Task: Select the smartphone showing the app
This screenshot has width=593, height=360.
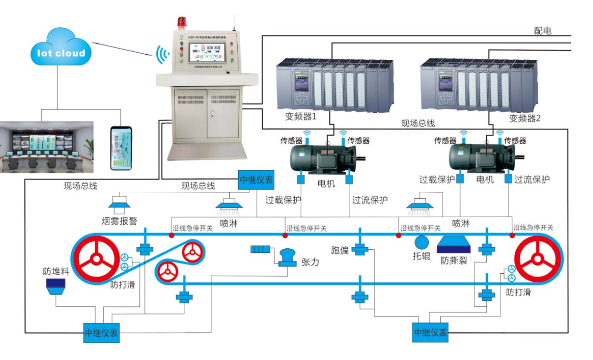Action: click(x=120, y=149)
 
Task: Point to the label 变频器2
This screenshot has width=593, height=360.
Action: click(x=525, y=118)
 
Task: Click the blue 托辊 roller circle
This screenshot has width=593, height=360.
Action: click(x=422, y=242)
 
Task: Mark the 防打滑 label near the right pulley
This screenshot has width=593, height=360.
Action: click(x=518, y=292)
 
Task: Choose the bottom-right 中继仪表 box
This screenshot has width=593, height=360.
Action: click(x=430, y=332)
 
